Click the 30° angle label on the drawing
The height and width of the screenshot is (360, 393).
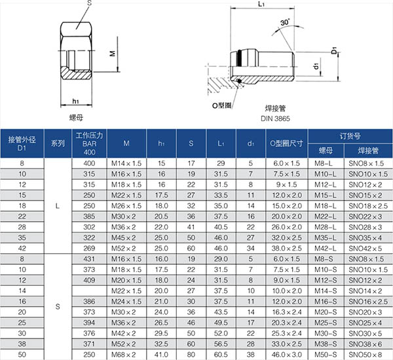click(285, 22)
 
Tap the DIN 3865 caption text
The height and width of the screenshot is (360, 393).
click(275, 119)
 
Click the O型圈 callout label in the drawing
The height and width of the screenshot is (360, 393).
click(222, 106)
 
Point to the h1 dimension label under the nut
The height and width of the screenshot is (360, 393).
click(76, 101)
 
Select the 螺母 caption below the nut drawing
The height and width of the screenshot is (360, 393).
click(76, 117)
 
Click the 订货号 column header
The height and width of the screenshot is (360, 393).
click(350, 136)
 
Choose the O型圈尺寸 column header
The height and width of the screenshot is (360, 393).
click(286, 143)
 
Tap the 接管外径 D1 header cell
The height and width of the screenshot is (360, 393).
click(22, 144)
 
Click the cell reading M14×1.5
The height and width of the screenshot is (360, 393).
click(126, 163)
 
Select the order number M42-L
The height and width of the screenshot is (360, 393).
click(326, 249)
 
